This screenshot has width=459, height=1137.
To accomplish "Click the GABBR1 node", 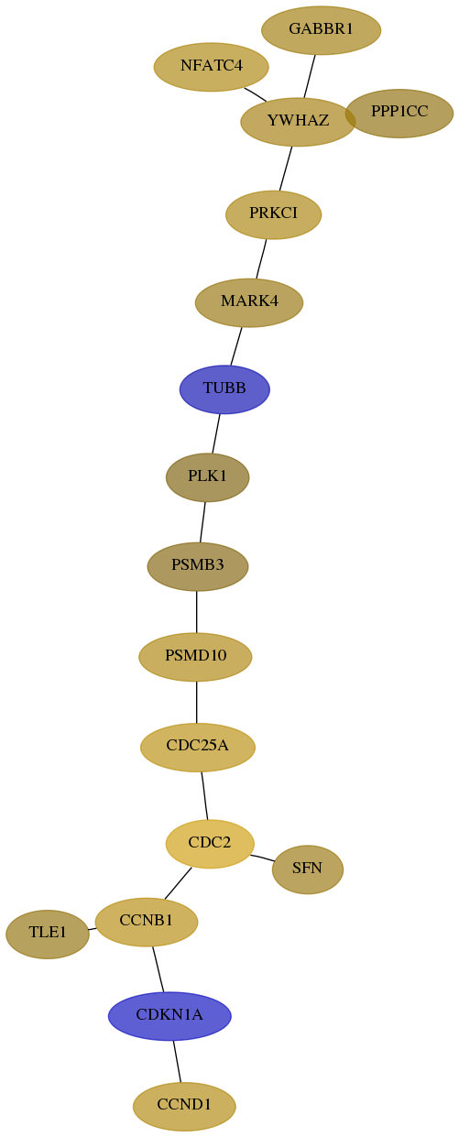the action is click(x=321, y=30).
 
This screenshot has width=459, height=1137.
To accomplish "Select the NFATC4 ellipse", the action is click(x=212, y=67).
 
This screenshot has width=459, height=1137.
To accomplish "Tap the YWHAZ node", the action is click(x=298, y=122).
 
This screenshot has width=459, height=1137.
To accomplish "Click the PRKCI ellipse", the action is click(x=274, y=214).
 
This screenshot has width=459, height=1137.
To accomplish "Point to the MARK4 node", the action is click(x=249, y=302).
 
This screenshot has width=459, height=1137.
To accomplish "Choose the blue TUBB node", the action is click(x=224, y=389).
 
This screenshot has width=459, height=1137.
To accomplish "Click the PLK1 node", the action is click(x=208, y=477).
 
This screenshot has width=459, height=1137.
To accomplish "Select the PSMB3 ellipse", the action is click(x=198, y=566).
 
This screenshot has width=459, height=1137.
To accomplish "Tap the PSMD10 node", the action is click(x=195, y=657).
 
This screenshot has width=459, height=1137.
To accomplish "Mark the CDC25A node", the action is click(x=198, y=748).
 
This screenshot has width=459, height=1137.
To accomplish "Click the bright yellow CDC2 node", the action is click(x=210, y=844).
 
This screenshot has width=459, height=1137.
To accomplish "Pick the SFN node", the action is click(x=308, y=869).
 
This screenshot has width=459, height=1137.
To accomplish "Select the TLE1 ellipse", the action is click(x=48, y=935).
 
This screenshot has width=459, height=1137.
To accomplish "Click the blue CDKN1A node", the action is click(x=169, y=1016).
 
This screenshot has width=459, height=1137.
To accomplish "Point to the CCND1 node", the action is click(x=184, y=1107).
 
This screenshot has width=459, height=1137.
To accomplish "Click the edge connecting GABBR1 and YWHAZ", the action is click(x=310, y=76).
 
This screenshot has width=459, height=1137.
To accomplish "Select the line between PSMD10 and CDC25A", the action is click(x=197, y=702).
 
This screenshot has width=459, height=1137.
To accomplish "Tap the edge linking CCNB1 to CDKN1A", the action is click(x=158, y=969).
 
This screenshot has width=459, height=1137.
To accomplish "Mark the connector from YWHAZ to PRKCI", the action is click(x=286, y=169).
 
